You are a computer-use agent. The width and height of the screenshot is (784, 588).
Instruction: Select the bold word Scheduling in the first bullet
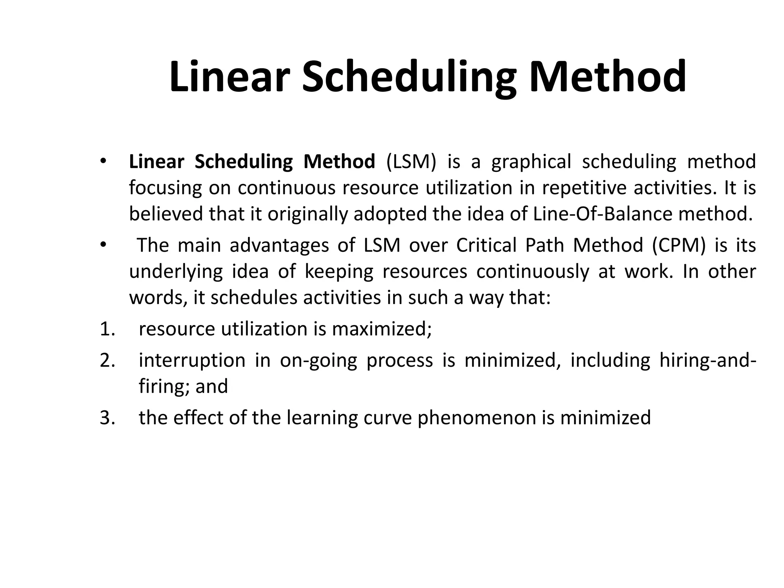(x=243, y=162)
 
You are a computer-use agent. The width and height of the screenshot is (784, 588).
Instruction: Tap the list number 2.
(x=107, y=361)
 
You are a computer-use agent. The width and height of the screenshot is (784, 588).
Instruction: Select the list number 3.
(x=107, y=418)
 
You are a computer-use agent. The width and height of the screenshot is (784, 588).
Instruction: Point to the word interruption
(x=192, y=361)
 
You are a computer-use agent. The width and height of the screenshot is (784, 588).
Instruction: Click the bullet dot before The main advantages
(x=102, y=245)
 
